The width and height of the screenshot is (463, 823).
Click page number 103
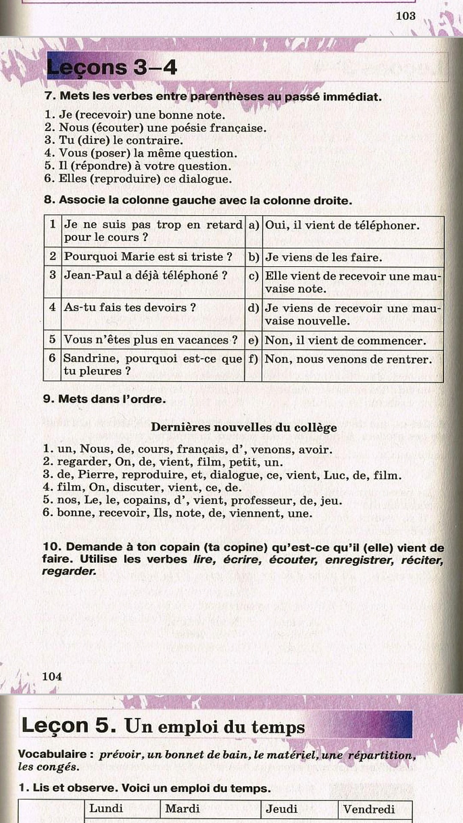click(405, 16)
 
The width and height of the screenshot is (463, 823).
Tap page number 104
click(52, 676)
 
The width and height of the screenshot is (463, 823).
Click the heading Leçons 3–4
click(112, 67)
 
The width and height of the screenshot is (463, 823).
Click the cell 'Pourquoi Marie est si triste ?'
click(148, 257)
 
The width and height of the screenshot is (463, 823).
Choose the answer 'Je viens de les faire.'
click(323, 257)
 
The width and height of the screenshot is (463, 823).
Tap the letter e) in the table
click(253, 340)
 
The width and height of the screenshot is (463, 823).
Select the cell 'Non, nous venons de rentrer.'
click(348, 359)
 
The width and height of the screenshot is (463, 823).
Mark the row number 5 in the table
click(52, 339)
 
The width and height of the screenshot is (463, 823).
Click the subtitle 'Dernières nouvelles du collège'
click(244, 427)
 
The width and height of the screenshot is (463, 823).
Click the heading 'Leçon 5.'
click(69, 725)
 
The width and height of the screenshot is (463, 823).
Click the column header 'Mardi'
click(183, 808)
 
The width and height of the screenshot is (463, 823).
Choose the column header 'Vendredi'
click(369, 809)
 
